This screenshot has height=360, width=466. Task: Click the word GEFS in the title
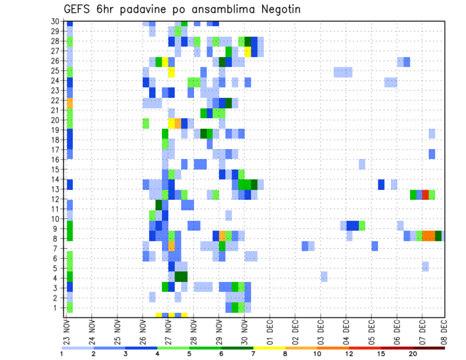(77, 9)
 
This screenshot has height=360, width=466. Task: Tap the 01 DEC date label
(270, 332)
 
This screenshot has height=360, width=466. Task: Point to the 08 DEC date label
(444, 332)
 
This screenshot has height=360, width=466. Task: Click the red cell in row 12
(425, 195)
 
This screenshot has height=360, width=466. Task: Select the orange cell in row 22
(70, 103)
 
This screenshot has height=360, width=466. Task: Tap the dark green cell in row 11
(159, 205)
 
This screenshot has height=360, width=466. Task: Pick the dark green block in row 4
(181, 277)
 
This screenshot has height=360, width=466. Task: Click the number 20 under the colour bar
(413, 354)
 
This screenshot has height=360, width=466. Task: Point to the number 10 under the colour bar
(317, 354)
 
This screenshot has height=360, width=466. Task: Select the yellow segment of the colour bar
(269, 348)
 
